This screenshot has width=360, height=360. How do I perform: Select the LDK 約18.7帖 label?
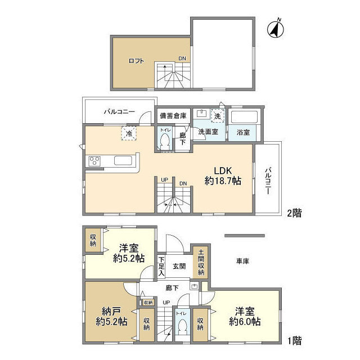[223, 175]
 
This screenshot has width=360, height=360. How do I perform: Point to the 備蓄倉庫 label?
[173, 115]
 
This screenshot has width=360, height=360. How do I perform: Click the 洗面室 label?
[208, 132]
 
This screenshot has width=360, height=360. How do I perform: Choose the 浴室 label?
[244, 132]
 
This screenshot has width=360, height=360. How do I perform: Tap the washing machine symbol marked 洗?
[218, 115]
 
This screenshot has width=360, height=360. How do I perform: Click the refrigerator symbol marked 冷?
[129, 133]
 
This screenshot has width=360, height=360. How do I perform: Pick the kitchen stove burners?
[93, 161]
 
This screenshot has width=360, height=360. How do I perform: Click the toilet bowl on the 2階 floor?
[165, 144]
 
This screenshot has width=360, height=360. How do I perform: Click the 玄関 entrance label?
[178, 267]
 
